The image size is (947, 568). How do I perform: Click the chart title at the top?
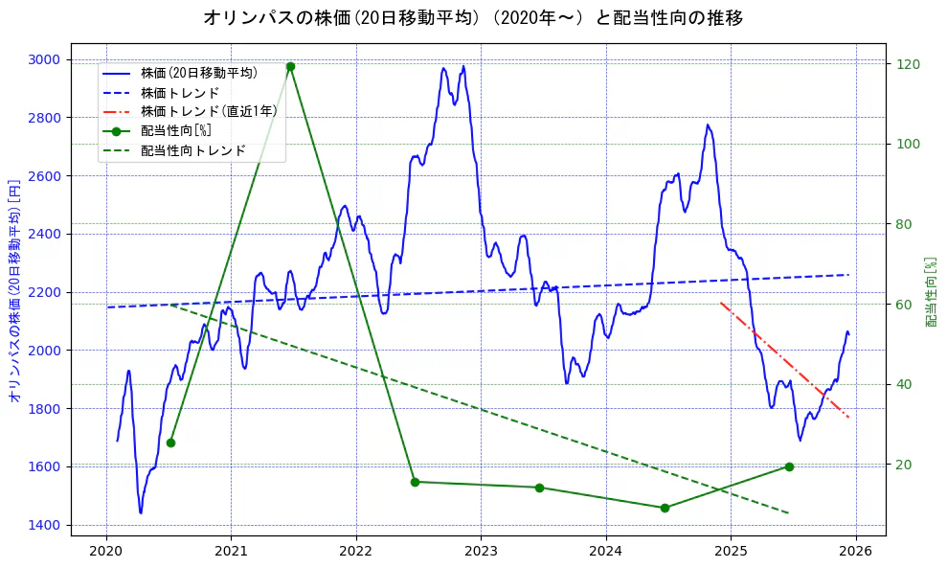point(473,18)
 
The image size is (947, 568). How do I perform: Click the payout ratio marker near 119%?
point(290,67)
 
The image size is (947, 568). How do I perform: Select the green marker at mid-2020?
point(170,443)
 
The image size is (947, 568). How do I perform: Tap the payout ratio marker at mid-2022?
point(415,482)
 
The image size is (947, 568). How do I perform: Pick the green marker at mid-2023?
point(539,488)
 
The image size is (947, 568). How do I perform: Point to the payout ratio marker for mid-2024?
point(665,508)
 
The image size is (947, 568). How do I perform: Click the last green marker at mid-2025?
point(789,466)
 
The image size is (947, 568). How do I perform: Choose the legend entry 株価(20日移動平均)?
point(198,73)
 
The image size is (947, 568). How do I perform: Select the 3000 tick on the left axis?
point(44,59)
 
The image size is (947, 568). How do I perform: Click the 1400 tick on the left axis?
point(44,525)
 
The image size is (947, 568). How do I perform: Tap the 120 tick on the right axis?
point(908,64)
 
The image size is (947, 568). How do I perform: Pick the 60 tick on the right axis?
point(905,305)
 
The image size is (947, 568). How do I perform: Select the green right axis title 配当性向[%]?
point(931,291)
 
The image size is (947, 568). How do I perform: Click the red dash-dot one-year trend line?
point(785,360)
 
